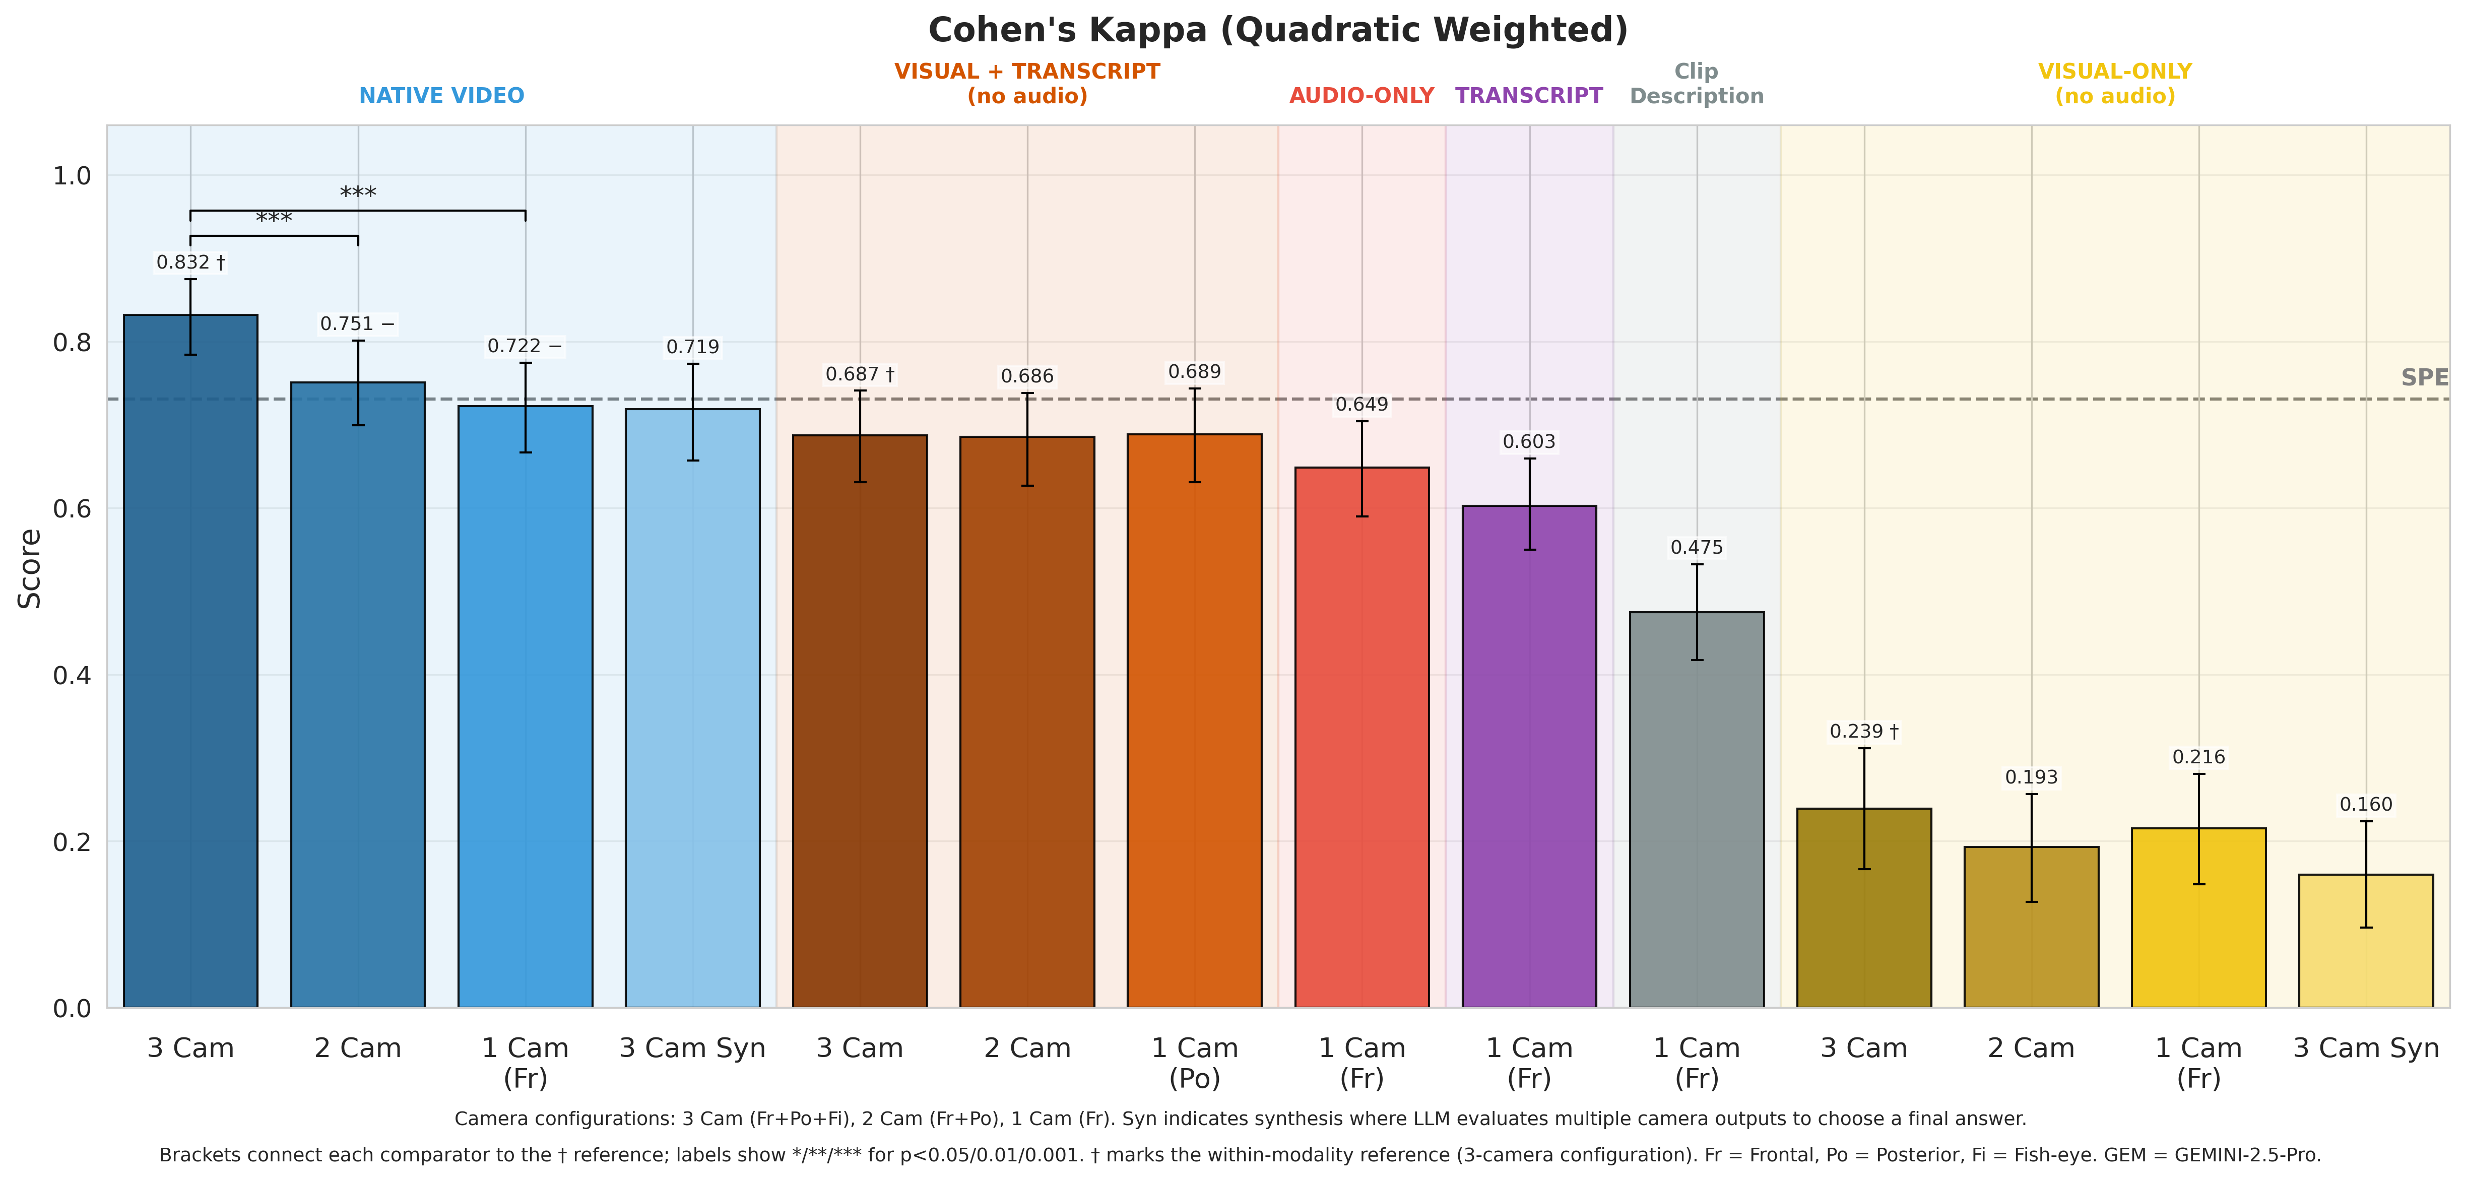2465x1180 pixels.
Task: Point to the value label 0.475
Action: (1697, 547)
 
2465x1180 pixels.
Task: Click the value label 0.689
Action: (1194, 371)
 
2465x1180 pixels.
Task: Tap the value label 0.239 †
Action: (1863, 731)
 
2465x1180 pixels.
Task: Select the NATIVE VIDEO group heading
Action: (441, 96)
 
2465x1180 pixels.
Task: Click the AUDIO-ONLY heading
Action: (1360, 96)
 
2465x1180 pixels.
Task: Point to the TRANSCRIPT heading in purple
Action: (1528, 96)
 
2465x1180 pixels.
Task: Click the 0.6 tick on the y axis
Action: (72, 509)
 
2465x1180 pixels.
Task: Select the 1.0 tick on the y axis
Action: (72, 176)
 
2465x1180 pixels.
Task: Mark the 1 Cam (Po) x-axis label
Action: (1194, 1062)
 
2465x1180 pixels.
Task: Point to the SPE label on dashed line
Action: (2424, 378)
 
